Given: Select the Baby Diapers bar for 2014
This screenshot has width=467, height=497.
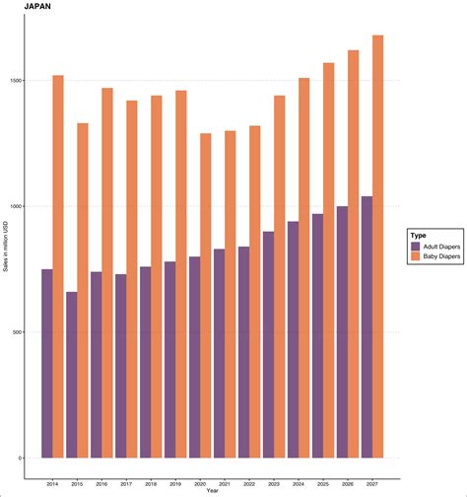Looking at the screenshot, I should click(x=58, y=266).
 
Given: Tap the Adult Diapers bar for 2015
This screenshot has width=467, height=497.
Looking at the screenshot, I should click(x=72, y=375).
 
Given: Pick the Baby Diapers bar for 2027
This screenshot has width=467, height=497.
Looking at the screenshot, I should click(x=378, y=247).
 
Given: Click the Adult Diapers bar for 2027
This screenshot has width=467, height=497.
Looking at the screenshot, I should click(x=367, y=326).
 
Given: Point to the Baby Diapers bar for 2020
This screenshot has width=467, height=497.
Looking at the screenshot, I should click(x=206, y=296).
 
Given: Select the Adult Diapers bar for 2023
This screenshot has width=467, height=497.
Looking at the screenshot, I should click(x=268, y=344).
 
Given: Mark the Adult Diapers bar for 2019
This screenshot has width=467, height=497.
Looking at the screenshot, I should click(x=170, y=359).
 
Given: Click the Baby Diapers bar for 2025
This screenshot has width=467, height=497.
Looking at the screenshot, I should click(x=329, y=260).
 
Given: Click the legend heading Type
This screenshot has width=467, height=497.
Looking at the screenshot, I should click(x=418, y=236).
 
